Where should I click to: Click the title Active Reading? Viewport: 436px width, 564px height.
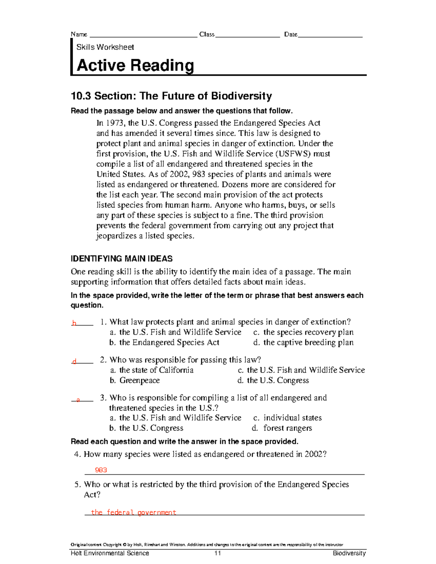tap(135, 66)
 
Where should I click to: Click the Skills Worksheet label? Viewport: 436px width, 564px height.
tap(105, 47)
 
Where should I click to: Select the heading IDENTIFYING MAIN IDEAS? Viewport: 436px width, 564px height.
tap(122, 259)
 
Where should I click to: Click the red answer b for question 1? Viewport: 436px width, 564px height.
tap(74, 323)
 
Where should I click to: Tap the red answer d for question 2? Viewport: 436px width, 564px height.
tap(74, 361)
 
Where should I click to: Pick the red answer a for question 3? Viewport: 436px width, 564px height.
tap(78, 400)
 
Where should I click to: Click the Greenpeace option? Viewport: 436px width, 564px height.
tap(140, 380)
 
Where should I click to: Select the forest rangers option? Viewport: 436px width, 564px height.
tap(287, 428)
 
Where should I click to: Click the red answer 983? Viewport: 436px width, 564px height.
tap(101, 470)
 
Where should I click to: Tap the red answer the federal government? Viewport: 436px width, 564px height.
tap(133, 512)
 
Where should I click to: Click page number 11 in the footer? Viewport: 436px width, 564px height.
tap(218, 553)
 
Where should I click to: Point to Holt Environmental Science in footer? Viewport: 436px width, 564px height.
tap(110, 553)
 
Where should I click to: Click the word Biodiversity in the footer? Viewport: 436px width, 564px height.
tap(349, 553)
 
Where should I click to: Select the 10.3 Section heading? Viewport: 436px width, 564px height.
tap(171, 96)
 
